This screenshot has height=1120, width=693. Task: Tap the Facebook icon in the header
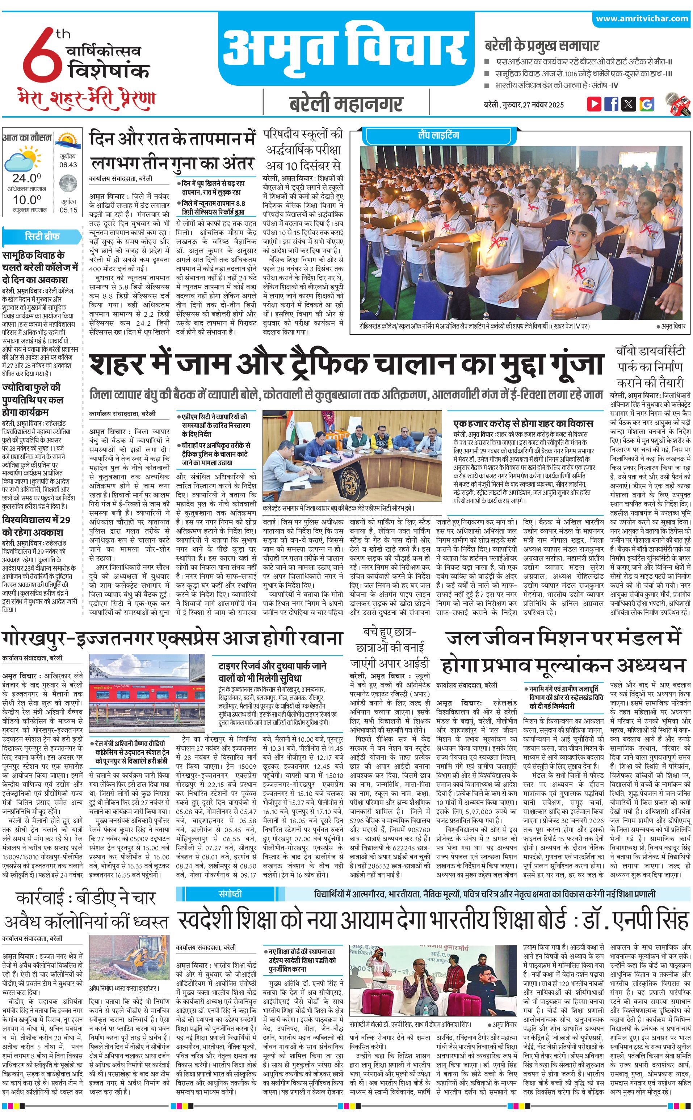611,104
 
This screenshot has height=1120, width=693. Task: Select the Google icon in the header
646,104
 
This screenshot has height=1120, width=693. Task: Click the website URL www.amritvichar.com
642,19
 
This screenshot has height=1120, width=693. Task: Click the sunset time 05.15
68,210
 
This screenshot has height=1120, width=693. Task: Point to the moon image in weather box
68,184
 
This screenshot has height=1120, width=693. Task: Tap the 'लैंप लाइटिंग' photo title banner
438,135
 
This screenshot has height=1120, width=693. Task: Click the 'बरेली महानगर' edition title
346,104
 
